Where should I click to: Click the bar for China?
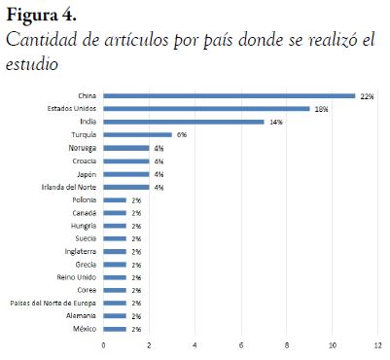tap(230, 96)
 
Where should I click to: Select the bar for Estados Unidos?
tap(206, 109)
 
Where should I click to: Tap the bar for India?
tap(184, 122)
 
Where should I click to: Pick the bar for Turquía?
tap(138, 135)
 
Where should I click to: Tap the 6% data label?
tap(181, 135)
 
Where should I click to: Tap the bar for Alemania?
tap(115, 315)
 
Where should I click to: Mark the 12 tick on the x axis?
tap(378, 344)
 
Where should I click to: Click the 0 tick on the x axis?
tap(104, 344)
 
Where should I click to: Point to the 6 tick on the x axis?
tap(241, 344)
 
